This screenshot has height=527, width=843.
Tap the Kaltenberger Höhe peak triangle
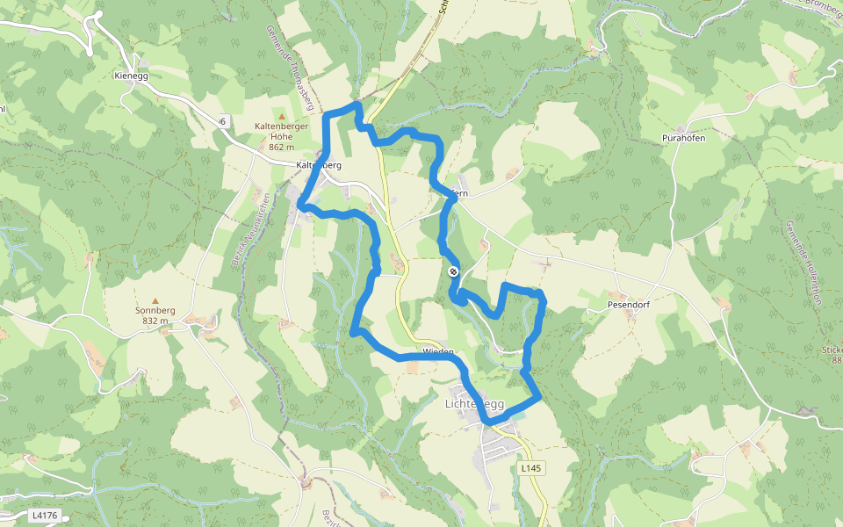(x=281, y=116)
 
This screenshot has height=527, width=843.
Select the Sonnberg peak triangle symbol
(x=156, y=300)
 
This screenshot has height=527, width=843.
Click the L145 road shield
(x=530, y=469)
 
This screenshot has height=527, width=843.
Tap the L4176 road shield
(x=42, y=515)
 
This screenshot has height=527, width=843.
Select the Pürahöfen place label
(x=684, y=139)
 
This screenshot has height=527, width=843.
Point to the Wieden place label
(x=438, y=352)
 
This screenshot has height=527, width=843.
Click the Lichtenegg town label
(x=474, y=404)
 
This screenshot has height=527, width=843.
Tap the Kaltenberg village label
(x=318, y=165)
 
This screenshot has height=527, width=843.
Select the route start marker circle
(x=453, y=272)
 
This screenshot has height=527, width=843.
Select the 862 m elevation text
(x=281, y=147)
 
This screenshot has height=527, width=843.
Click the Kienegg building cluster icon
(x=143, y=63)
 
